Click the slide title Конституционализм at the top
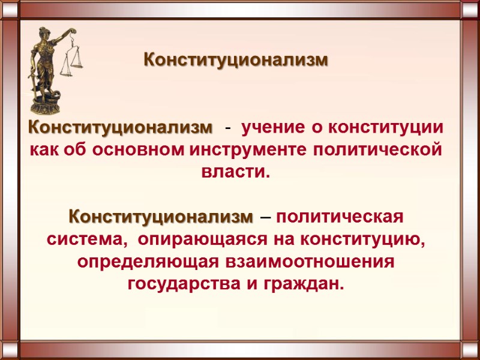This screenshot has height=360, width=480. tap(236, 61)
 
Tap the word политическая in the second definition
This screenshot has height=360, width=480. tap(340, 215)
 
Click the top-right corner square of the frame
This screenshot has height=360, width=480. tap(470, 10)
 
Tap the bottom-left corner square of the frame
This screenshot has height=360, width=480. tap(10, 350)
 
